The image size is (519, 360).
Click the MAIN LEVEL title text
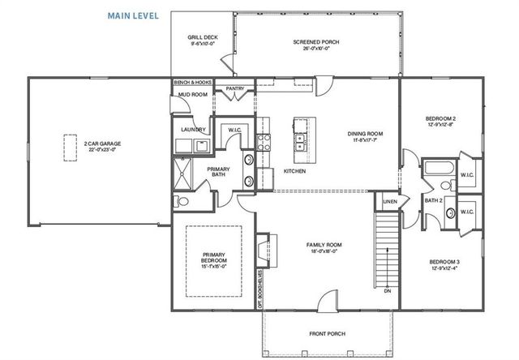point(133,15)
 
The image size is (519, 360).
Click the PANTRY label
point(236,88)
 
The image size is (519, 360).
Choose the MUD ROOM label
point(193,95)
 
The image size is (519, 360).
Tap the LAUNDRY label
point(193,129)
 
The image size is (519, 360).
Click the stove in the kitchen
point(264,144)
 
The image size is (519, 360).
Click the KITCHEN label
point(294,171)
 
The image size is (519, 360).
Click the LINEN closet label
point(389,200)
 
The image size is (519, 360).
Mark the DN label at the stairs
point(387,290)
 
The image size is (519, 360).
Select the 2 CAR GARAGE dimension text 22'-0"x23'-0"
point(102,149)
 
